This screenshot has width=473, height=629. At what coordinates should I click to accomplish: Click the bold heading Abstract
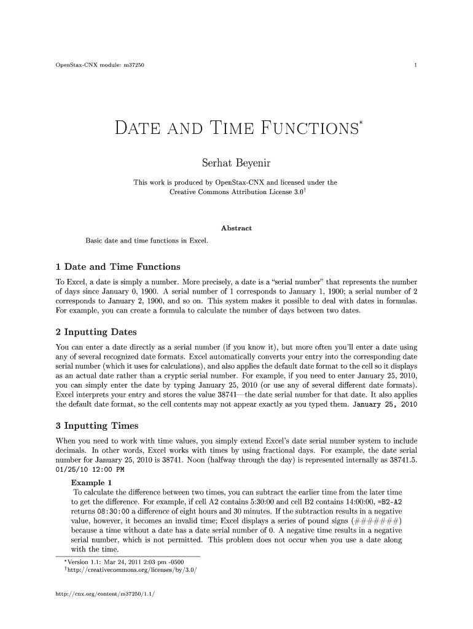pos(236,228)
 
